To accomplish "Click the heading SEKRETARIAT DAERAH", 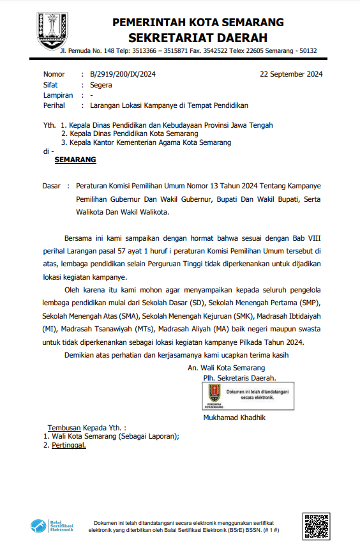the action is tap(197, 38).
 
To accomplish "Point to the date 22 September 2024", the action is tap(291, 74).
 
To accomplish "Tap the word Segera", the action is tap(101, 84).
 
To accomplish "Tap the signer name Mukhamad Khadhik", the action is tap(234, 418).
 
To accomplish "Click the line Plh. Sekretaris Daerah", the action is tap(235, 378).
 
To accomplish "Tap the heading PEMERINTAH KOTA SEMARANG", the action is tap(198, 22).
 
